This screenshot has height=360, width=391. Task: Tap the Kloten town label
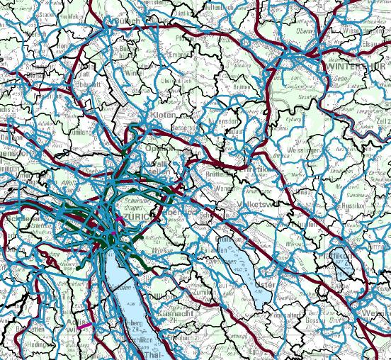tap(163, 115)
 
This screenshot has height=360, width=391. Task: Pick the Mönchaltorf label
tap(273, 317)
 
